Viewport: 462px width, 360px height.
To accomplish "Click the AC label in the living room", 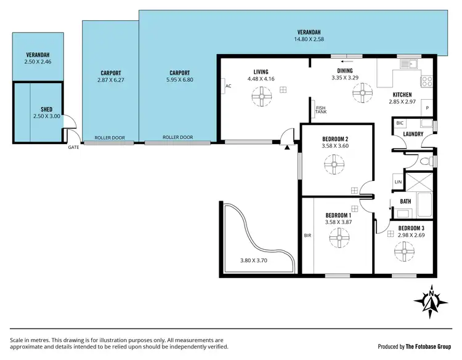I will [x=228, y=86].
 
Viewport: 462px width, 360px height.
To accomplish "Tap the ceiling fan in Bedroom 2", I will [x=336, y=164].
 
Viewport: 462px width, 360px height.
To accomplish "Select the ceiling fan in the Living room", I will [x=261, y=94].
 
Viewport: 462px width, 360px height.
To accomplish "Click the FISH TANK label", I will [x=320, y=111].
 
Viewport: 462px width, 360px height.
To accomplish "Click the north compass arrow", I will [x=432, y=302].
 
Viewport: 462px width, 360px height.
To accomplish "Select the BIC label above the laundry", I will [x=399, y=124].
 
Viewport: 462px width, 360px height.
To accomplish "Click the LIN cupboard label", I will [x=398, y=182].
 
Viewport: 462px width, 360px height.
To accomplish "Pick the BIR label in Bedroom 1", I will [x=307, y=235].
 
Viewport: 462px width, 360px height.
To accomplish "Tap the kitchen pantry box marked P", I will [x=427, y=107].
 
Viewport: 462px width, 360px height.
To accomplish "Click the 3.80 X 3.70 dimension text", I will [x=254, y=260].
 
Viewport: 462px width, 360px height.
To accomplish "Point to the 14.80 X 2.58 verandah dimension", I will [x=310, y=39].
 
